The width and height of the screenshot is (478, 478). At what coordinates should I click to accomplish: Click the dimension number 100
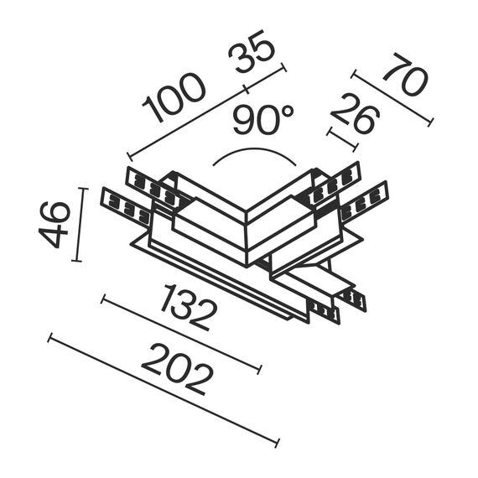pos(174,99)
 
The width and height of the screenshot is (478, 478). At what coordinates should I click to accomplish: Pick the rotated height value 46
pos(54,224)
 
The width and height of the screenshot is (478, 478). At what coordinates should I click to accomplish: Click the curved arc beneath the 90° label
pos(253,153)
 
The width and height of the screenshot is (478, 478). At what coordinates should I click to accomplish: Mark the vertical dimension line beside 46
pos(81,225)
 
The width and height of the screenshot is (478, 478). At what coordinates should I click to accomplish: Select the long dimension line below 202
pos(163,391)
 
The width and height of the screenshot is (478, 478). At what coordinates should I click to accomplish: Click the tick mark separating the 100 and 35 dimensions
pos(245,88)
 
